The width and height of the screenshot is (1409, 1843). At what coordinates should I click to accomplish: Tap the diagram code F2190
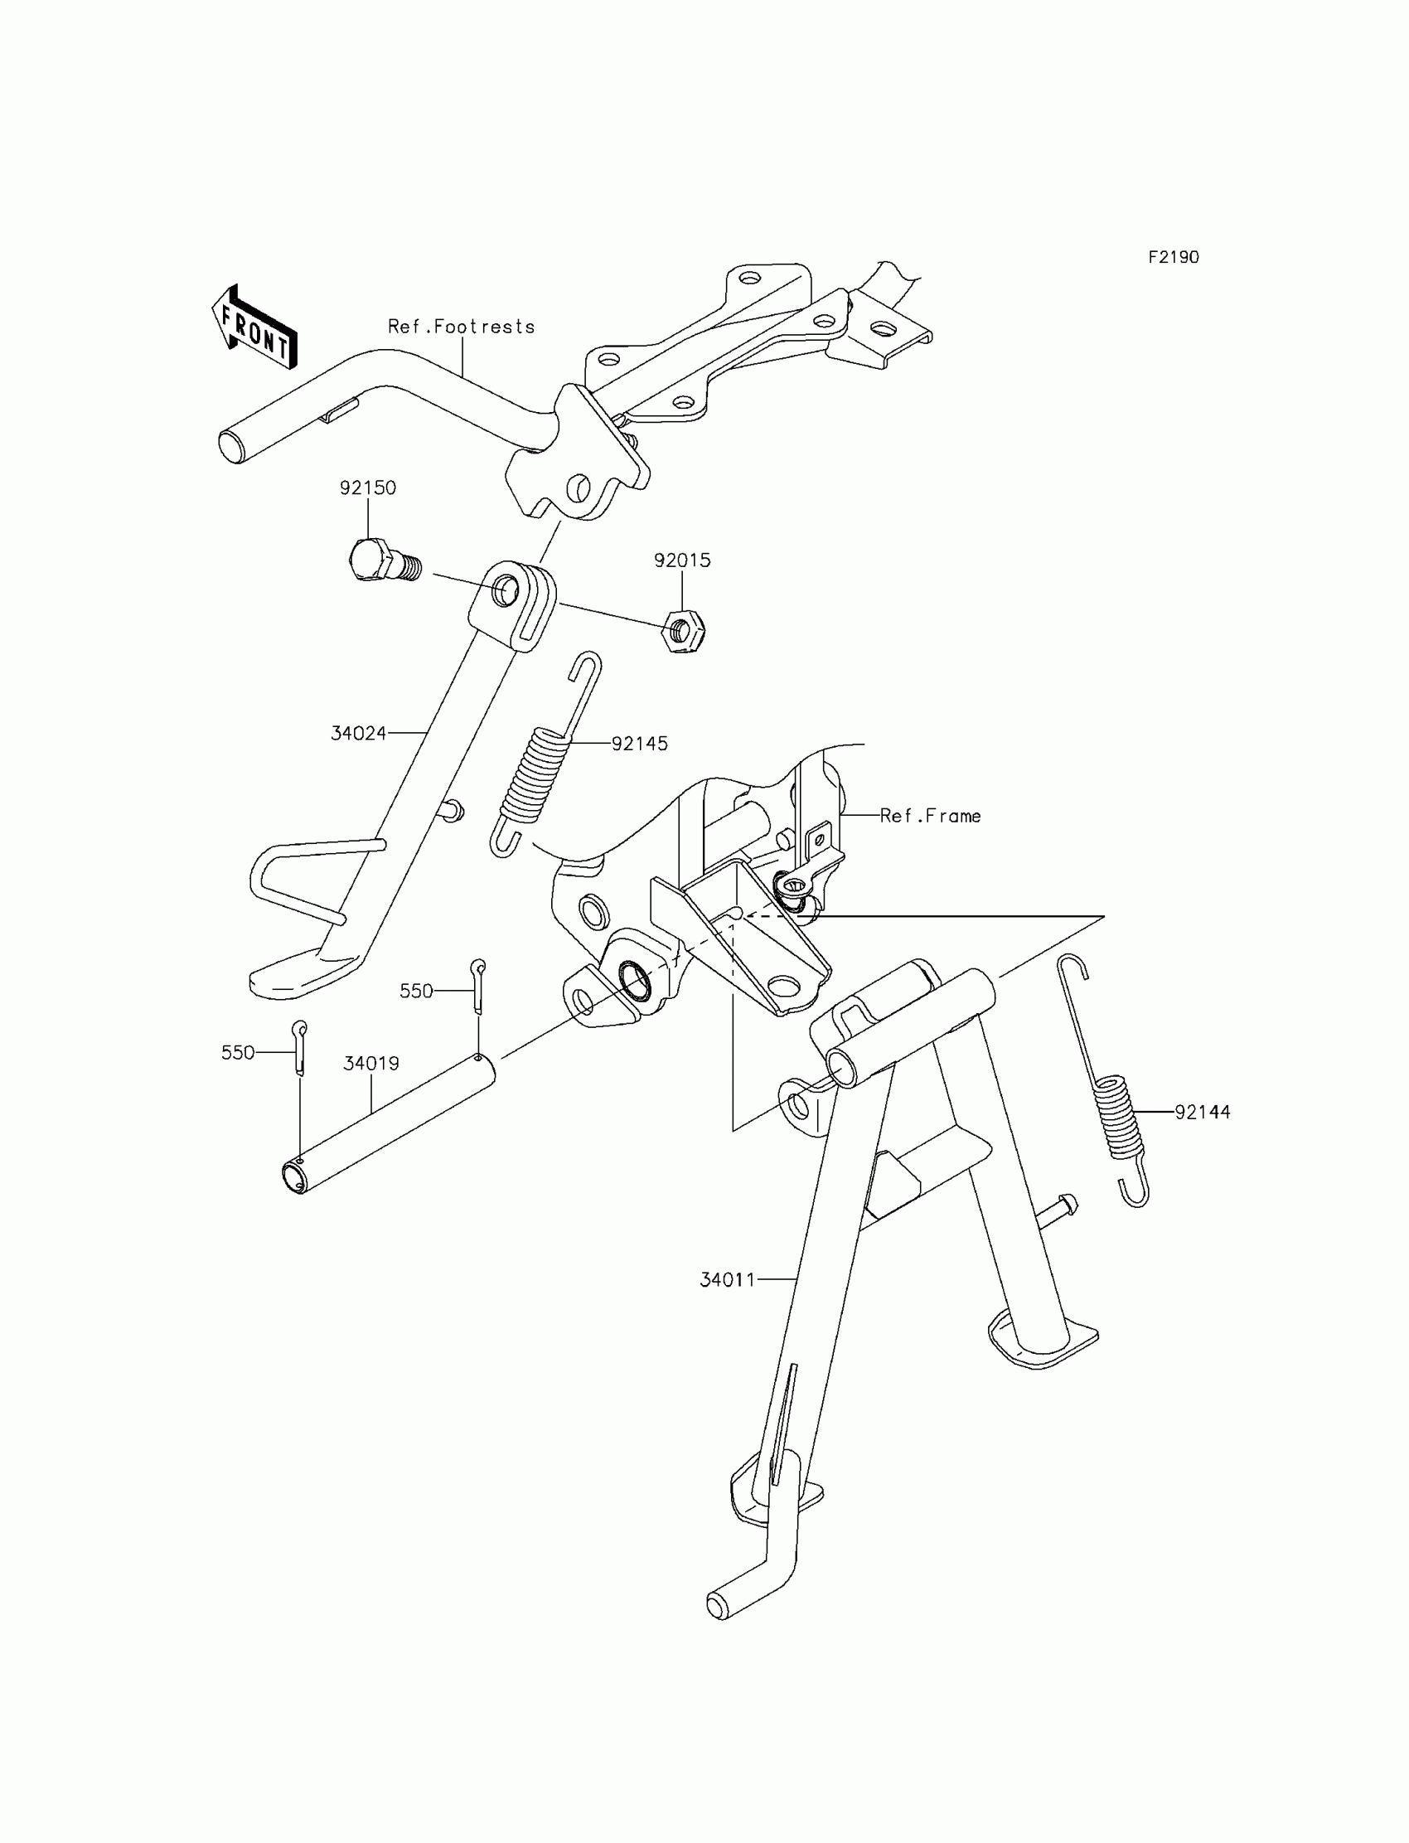1174,258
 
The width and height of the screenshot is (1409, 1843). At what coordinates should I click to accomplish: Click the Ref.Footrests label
461,327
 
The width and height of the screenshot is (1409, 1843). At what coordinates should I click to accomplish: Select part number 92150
367,488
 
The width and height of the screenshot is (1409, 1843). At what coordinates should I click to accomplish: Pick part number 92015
682,560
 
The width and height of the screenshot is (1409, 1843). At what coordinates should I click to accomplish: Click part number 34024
358,733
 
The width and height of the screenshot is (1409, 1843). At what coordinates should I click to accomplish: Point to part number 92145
639,744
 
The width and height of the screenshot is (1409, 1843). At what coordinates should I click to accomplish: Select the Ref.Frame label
930,816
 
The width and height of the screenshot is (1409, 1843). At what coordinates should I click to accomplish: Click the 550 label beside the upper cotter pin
416,991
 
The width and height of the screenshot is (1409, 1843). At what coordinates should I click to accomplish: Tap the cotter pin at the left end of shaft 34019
299,1046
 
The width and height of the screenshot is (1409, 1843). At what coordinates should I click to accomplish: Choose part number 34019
370,1064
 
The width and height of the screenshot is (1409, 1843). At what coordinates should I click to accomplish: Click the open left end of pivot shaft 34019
293,1177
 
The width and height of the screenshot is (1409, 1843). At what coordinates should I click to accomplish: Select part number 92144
1202,1113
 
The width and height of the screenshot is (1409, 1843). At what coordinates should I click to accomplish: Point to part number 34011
727,1280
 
